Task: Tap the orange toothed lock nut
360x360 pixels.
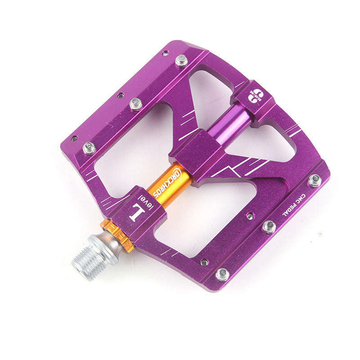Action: click(x=117, y=235)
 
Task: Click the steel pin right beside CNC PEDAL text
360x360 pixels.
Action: click(x=315, y=180)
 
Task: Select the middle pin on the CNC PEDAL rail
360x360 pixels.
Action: click(x=269, y=226)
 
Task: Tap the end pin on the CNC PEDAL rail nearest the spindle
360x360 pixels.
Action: click(x=222, y=274)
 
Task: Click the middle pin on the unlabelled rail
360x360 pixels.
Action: click(x=136, y=104)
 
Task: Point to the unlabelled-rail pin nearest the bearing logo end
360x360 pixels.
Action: click(x=181, y=60)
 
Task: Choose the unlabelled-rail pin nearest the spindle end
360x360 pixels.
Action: click(x=89, y=148)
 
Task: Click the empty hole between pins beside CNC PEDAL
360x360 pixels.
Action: click(x=250, y=216)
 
